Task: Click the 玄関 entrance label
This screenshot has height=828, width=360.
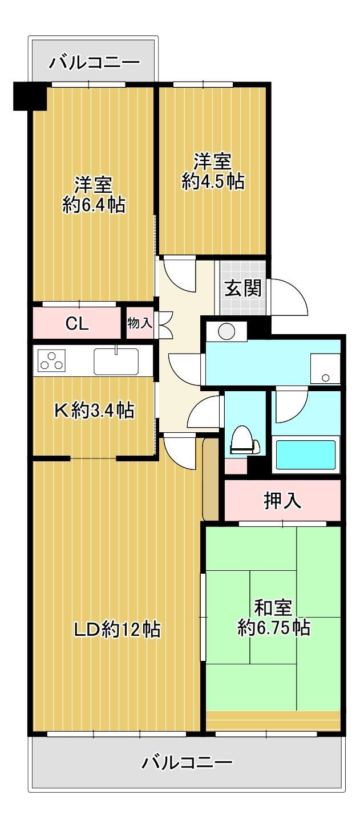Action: pos(243,288)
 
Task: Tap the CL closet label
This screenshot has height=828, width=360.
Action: pos(77,324)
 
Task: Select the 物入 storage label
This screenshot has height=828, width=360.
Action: pos(139,323)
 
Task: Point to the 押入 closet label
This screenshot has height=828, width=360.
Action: pos(282,501)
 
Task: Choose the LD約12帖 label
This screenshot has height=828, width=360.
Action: pos(118,629)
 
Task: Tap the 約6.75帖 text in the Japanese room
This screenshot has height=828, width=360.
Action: pos(274,627)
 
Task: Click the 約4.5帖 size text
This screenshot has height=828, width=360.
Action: pos(213,181)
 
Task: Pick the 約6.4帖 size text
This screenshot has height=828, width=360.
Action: pos(94,205)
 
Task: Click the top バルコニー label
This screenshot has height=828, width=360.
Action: pos(95,62)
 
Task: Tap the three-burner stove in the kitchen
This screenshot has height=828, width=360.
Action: pos(51,360)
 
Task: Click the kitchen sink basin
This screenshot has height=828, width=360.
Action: pos(116,361)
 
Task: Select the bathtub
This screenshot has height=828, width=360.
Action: pos(306,454)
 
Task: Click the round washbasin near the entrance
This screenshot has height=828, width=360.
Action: pos(226,331)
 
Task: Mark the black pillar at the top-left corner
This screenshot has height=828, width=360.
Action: pos(30,96)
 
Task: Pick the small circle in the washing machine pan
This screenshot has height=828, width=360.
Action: pos(326,378)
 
